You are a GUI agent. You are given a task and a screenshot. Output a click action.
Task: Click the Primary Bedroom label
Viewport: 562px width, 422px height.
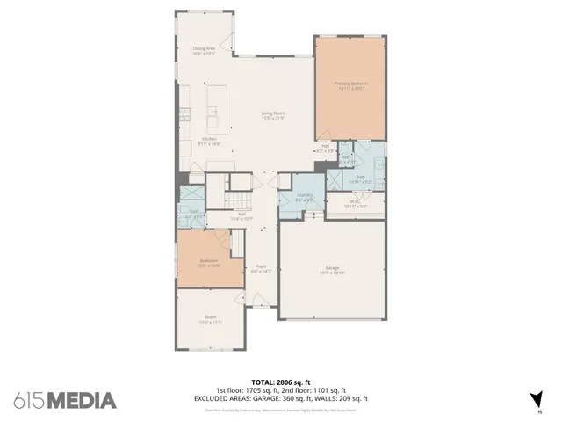350,85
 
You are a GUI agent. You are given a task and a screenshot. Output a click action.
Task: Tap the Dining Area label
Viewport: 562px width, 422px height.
205,50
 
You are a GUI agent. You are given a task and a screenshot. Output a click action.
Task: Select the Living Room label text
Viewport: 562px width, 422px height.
272,114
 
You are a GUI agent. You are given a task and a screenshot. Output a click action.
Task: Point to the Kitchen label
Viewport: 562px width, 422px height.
210,141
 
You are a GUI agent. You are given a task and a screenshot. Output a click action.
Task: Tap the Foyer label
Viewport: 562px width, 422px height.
261,268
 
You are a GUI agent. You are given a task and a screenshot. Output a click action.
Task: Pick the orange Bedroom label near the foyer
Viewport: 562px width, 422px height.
208,262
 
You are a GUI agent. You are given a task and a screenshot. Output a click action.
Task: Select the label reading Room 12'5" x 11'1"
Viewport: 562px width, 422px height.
211,319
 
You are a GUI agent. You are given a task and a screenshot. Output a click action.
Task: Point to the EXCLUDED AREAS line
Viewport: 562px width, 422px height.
281,398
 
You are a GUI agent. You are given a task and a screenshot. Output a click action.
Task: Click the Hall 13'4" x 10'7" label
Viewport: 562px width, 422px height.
241,215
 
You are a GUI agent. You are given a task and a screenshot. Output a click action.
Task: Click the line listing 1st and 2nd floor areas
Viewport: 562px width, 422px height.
281,390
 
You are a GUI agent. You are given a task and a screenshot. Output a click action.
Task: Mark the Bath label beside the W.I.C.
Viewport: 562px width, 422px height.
360,179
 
